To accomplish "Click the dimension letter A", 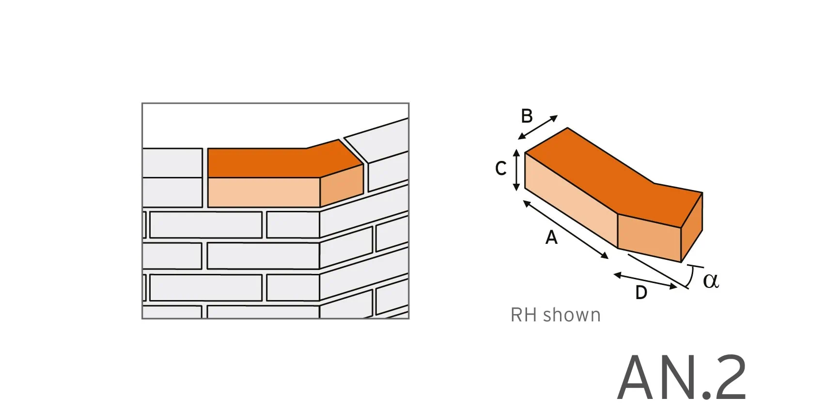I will coord(551,238).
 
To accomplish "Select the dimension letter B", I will coord(527,116).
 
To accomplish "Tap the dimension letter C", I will coord(501,168).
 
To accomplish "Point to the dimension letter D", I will coord(641,293).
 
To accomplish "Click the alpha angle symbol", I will coord(711,280).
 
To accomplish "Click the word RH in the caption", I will coord(524,315).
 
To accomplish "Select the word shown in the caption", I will coord(572,315).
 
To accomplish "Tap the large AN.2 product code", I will coord(682,378).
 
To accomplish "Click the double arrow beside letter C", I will coord(516,170).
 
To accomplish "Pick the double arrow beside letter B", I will coord(538,127).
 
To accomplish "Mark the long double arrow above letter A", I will coord(565,230).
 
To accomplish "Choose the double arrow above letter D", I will coord(645,281).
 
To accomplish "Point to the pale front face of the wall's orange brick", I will coord(264,192).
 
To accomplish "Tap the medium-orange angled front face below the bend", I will coord(649,235).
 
